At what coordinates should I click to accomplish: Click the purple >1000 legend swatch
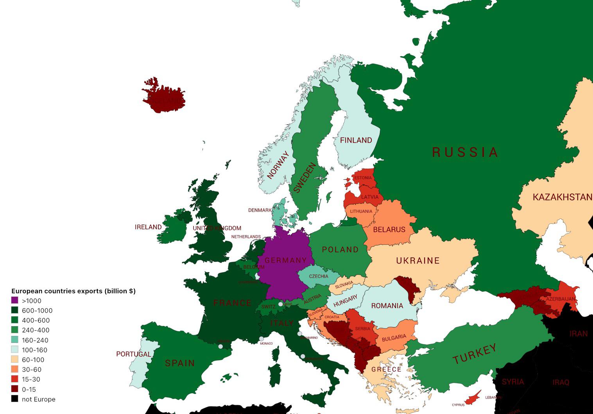[x=14, y=301]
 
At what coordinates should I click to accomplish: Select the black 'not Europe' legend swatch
[x=14, y=399]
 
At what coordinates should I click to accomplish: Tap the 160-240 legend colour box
[x=14, y=340]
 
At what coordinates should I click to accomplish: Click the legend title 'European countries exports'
[x=73, y=291]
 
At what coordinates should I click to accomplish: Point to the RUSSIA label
[x=465, y=152]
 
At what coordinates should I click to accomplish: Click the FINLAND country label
[x=356, y=140]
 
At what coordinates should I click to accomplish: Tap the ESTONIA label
[x=363, y=178]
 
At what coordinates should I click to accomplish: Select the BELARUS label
[x=389, y=230]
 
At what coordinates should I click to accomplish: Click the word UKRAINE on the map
[x=418, y=261]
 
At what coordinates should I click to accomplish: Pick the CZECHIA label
[x=319, y=277]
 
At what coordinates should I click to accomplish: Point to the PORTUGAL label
[x=133, y=354]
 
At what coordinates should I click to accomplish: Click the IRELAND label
[x=148, y=227]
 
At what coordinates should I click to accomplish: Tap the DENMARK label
[x=260, y=211]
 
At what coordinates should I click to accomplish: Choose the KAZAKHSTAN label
[x=562, y=197]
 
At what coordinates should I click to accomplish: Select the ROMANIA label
[x=387, y=306]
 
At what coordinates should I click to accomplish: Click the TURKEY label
[x=474, y=354]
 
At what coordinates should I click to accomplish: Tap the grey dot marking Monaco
[x=261, y=339]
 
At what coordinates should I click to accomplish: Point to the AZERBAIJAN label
[x=561, y=299]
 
